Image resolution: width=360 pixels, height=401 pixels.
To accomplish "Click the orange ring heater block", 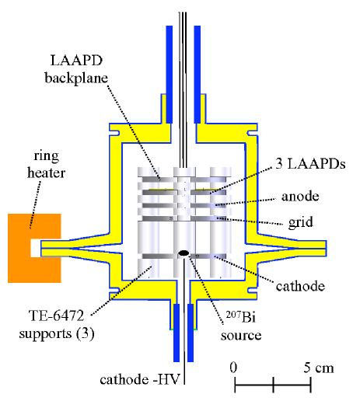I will coord(19,246).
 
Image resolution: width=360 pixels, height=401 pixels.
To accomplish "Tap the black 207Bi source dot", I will coord(184,253).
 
